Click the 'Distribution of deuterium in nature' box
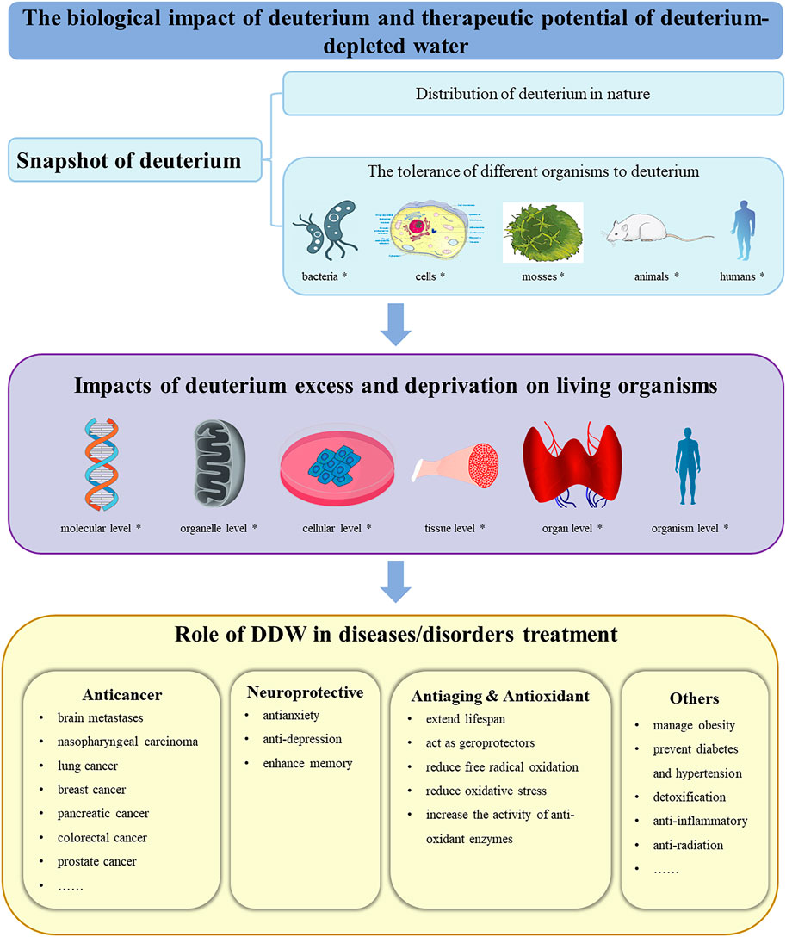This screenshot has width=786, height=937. [532, 94]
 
